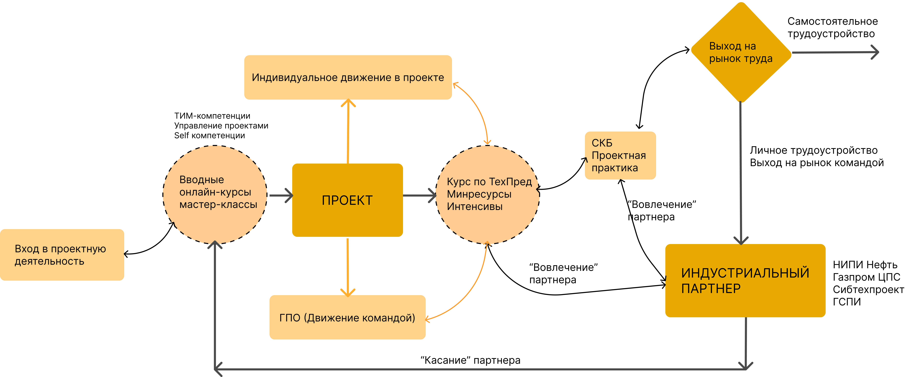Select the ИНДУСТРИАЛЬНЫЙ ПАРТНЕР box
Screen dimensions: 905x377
(745, 281)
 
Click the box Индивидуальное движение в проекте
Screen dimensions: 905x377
(348, 77)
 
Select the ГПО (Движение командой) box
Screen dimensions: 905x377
(347, 317)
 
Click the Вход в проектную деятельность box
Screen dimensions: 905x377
(62, 255)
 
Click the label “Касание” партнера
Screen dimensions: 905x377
(470, 360)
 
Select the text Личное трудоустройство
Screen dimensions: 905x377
(814, 150)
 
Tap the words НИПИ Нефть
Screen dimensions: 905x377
(865, 265)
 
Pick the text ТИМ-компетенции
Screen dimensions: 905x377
(212, 116)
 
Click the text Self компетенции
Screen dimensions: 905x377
(209, 135)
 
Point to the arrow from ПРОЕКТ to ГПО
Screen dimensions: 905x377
(347, 267)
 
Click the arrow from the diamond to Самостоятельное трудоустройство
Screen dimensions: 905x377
(835, 52)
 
